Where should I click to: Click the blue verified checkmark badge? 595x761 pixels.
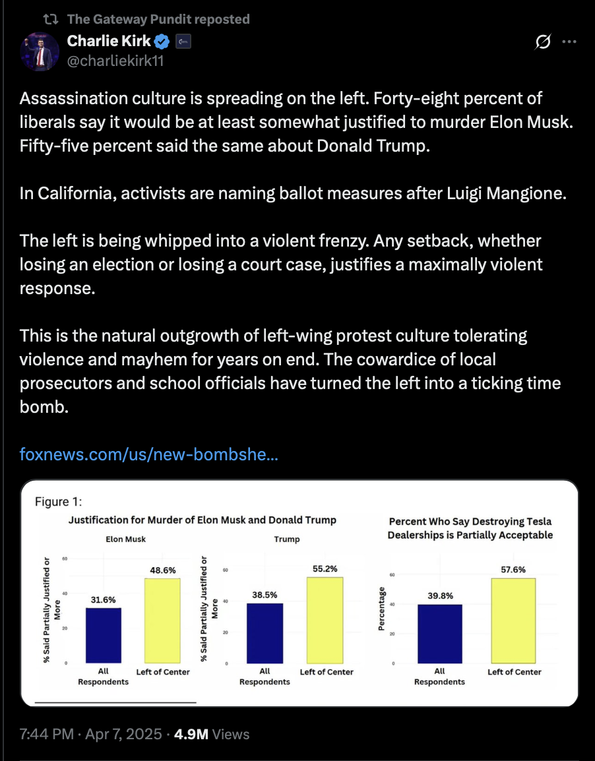[162, 42]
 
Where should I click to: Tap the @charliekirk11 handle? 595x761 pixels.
[115, 61]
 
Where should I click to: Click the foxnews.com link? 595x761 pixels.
[148, 454]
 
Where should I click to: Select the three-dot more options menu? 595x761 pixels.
[569, 42]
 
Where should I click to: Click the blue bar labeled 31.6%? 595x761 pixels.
[103, 635]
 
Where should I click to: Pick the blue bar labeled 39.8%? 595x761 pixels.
[439, 633]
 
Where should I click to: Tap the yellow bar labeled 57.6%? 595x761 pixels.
[513, 620]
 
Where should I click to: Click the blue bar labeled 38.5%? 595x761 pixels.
[264, 633]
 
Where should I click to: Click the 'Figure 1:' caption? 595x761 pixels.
[58, 502]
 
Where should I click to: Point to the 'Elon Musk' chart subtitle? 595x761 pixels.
[126, 539]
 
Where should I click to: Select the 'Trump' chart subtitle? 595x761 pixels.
[287, 539]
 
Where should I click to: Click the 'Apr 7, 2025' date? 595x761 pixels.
[123, 734]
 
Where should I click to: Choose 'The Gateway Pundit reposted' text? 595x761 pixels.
[158, 19]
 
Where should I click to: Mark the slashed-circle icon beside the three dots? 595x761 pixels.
[544, 42]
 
